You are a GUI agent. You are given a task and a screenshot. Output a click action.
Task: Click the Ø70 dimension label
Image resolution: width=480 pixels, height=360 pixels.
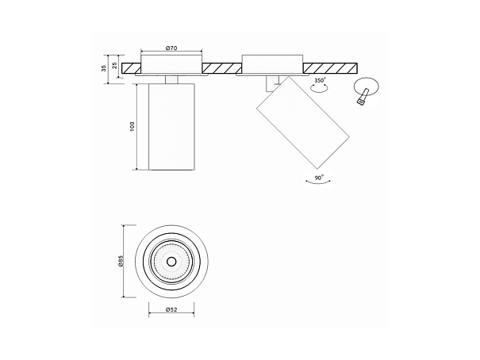coord(171,48)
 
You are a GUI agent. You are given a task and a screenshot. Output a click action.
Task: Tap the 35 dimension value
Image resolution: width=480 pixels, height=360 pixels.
coord(104,68)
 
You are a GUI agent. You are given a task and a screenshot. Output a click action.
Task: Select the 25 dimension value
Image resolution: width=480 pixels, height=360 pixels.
coord(115,65)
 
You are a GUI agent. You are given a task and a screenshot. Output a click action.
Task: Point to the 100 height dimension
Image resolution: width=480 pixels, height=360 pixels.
coord(132,126)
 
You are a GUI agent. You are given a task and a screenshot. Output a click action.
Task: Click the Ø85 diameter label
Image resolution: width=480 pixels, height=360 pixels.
coord(121,261)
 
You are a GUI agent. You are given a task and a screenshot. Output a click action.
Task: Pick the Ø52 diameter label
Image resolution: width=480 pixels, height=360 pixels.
coord(171,309)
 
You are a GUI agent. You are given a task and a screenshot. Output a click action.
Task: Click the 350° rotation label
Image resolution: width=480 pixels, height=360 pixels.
coord(321,81)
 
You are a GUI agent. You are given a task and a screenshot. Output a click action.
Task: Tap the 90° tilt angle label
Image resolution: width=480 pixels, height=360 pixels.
coord(319,178)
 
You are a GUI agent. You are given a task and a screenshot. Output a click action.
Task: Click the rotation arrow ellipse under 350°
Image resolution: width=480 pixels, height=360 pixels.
coord(319,88)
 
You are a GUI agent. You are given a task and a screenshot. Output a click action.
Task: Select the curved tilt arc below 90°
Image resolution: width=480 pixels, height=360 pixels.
coord(318,183)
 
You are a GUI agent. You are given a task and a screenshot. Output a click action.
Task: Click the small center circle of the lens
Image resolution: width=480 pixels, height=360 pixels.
coord(171,261)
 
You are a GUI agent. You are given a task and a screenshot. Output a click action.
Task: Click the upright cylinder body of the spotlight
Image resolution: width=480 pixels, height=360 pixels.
coord(171,126)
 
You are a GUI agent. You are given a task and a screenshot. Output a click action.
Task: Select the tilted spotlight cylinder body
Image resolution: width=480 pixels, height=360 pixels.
coord(303,123)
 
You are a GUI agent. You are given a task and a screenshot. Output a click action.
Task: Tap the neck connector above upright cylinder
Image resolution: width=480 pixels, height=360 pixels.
coord(171,79)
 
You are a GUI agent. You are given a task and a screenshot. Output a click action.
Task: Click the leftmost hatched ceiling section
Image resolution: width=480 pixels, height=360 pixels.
coord(132,68)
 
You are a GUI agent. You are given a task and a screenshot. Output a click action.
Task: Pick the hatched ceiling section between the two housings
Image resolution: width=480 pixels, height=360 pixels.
coord(222,68)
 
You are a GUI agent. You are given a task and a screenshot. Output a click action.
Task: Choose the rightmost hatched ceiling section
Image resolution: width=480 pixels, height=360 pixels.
coord(330,68)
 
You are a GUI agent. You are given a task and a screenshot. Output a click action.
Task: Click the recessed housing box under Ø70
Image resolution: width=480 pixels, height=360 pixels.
coord(171,65)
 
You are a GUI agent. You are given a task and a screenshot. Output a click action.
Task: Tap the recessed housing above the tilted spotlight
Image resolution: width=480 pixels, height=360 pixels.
coord(273,64)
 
